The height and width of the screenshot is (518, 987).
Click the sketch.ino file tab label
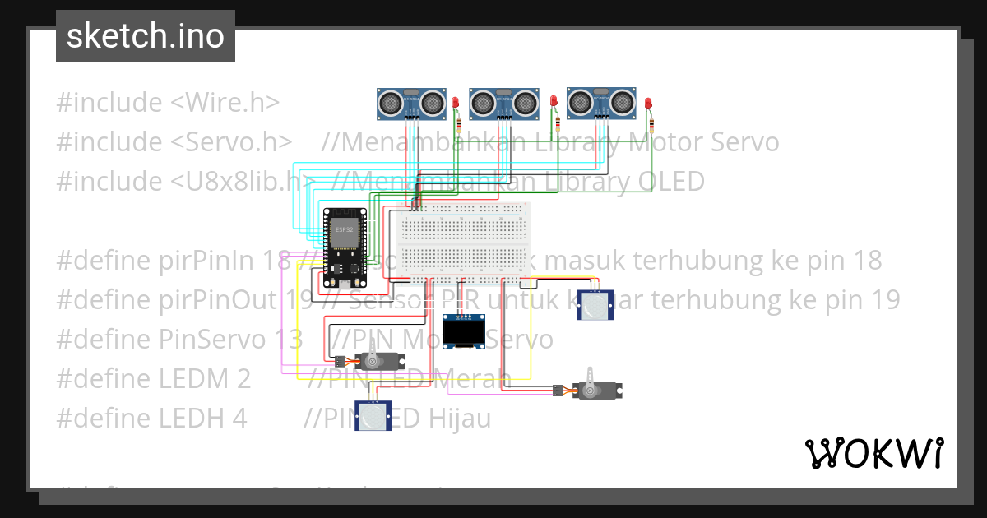pos(146,36)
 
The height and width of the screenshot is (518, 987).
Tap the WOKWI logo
pos(873,453)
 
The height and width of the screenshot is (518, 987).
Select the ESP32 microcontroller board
pos(343,242)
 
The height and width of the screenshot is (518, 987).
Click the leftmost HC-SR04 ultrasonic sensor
pos(411,102)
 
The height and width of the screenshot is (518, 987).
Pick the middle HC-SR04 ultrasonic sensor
pos(503,102)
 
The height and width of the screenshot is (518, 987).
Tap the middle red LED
pos(554,102)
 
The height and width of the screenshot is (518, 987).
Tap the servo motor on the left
pos(374,361)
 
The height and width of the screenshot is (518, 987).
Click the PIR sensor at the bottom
pos(374,416)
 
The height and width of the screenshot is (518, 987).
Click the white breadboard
pos(465,239)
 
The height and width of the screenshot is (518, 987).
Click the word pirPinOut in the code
pos(215,300)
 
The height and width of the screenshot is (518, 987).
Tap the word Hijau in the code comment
pos(459,419)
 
